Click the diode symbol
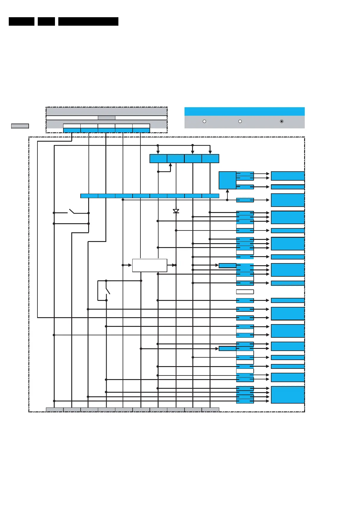(x=176, y=211)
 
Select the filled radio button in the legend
(x=282, y=121)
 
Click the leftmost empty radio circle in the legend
(x=204, y=121)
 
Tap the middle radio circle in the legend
(x=240, y=121)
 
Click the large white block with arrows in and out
(x=149, y=265)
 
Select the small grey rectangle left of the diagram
(x=20, y=126)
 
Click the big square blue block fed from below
(x=227, y=180)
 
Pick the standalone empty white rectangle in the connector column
(x=245, y=292)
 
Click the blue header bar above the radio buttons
(x=244, y=111)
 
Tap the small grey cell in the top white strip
(x=106, y=118)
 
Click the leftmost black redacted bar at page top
(x=21, y=21)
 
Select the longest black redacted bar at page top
(x=88, y=21)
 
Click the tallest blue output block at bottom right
(x=288, y=395)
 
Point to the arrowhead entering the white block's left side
(x=130, y=265)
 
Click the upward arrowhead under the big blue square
(x=227, y=191)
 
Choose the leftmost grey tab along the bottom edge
(x=55, y=410)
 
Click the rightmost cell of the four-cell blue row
(x=211, y=159)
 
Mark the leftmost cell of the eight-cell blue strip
(x=89, y=196)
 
